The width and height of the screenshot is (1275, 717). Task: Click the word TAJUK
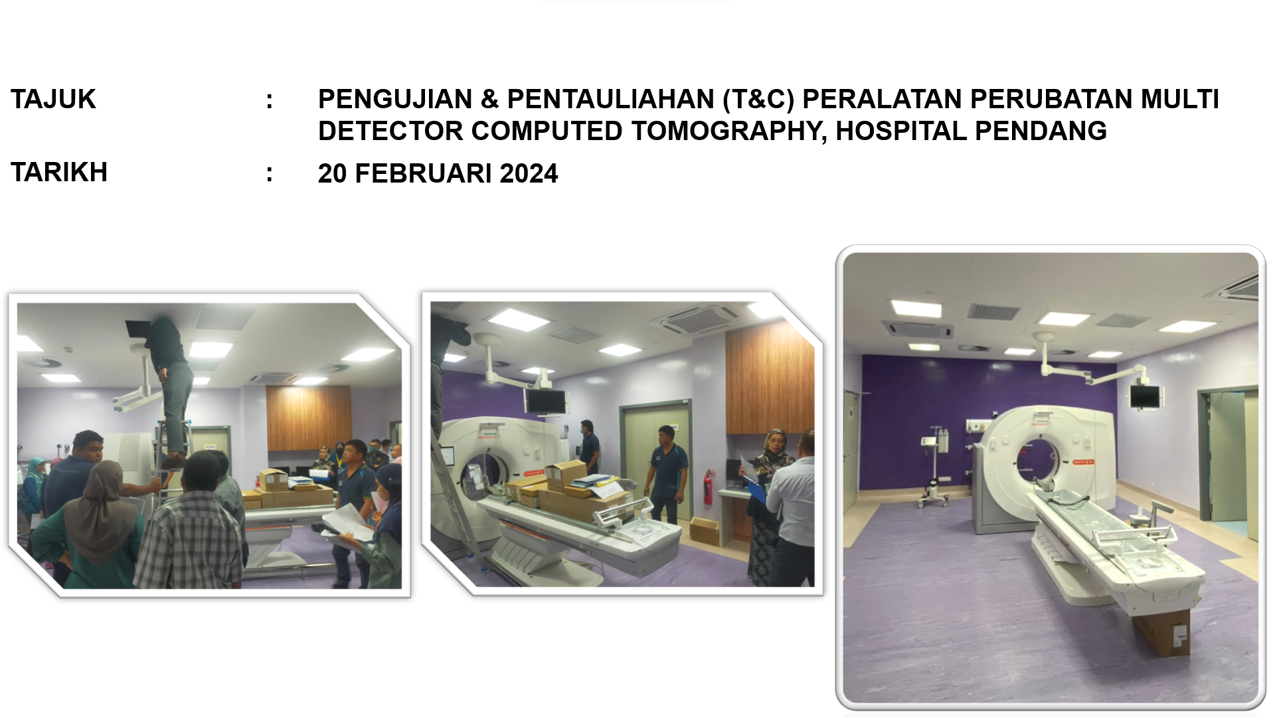pos(53,100)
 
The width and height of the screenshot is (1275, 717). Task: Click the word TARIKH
pos(59,173)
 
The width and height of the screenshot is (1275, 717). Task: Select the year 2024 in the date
pos(529,174)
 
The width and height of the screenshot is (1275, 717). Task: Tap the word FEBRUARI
pos(423,174)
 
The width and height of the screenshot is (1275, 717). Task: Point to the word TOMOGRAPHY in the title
pos(728,131)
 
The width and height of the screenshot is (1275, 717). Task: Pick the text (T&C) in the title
pos(758,100)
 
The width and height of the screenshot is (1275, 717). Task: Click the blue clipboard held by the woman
pos(756,492)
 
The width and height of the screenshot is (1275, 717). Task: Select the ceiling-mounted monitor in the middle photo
pos(546,401)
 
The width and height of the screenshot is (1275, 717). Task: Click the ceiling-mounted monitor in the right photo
pos(1145,397)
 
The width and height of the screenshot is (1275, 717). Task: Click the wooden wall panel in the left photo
pos(308,417)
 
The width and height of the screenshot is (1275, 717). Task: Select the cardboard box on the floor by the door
pos(704,530)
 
